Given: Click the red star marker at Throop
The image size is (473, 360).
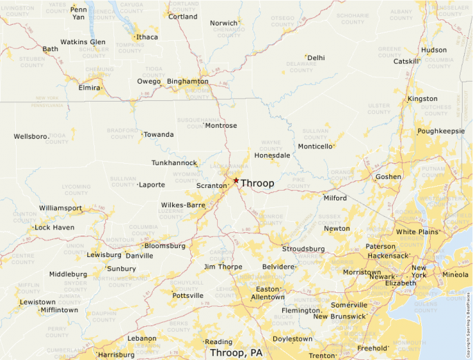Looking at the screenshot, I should (236, 180).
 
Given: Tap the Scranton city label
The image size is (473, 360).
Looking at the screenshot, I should (211, 186).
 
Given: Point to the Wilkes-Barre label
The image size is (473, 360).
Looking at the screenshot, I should (183, 205).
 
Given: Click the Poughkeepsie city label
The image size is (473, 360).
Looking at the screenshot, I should (440, 130).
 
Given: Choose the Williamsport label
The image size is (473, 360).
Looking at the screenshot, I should (60, 207).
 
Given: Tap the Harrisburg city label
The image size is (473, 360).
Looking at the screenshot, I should (116, 354).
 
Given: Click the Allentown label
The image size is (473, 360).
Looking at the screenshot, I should (268, 297).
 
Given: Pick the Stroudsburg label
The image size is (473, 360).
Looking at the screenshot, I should (303, 249).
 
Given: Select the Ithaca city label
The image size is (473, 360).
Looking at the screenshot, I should (147, 37).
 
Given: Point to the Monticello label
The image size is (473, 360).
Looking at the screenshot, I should (315, 146).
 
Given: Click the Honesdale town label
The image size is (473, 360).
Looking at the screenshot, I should (272, 155).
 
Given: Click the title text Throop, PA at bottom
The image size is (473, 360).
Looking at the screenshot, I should (236, 352).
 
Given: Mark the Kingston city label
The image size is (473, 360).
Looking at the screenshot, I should (423, 99).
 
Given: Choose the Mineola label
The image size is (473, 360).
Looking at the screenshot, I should (454, 274).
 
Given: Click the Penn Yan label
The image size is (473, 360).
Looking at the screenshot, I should (79, 12).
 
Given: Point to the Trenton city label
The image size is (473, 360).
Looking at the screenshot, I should (322, 355).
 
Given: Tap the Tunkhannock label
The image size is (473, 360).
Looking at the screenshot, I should (174, 163).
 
